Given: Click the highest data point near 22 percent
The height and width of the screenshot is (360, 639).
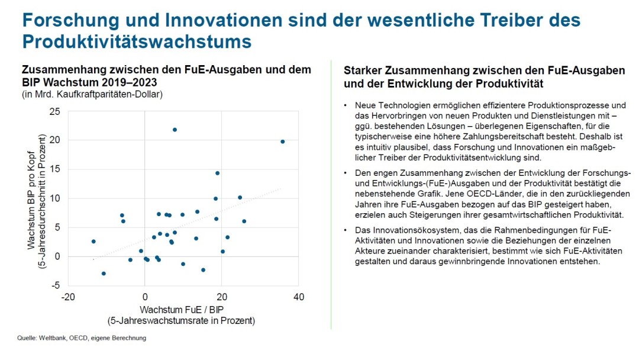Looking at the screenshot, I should click(x=175, y=130).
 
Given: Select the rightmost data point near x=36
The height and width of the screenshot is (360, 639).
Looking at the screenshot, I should click(x=282, y=142).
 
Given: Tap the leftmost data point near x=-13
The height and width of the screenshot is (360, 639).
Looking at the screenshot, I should click(x=93, y=242).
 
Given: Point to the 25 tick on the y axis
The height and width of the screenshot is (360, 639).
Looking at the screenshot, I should click(x=54, y=111).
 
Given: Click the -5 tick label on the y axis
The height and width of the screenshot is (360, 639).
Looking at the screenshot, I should click(x=54, y=285).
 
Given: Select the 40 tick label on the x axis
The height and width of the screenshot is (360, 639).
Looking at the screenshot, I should click(x=298, y=297).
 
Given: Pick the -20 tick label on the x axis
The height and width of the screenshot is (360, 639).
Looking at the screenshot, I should click(x=67, y=297).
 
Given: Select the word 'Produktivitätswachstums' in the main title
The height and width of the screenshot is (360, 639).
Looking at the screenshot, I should click(x=137, y=42).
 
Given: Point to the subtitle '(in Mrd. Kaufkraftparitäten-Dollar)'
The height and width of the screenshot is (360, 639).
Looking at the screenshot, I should click(x=92, y=94).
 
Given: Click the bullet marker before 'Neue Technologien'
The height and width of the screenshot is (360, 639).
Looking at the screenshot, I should click(x=346, y=105).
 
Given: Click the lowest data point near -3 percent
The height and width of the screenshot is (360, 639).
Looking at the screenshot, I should click(x=104, y=274).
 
